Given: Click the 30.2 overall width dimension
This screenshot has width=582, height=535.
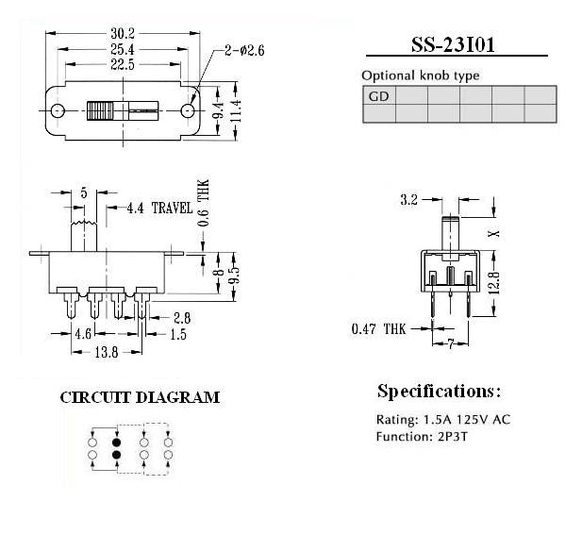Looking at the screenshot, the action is point(123,34).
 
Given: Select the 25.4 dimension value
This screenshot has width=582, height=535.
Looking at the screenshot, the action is point(123,49).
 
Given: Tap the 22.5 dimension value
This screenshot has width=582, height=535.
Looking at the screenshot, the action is point(123,64).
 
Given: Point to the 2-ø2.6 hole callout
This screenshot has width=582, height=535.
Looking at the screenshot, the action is point(244,50).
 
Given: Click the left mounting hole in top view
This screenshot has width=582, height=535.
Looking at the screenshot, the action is point(58,110).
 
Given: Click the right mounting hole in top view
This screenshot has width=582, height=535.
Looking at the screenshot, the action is point(188,110).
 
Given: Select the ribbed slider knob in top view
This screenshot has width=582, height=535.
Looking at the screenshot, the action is point(100,110).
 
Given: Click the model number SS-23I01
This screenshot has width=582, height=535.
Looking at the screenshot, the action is point(453,45).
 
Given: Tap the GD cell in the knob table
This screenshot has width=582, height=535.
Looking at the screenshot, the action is point(379,96).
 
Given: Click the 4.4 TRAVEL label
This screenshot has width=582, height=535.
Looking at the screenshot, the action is point(160,208).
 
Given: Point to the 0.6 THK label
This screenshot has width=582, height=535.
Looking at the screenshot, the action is point(204,203).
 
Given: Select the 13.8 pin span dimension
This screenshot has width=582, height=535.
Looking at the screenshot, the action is point(107,352).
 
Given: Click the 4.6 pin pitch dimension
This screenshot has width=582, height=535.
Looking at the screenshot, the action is point(83,334).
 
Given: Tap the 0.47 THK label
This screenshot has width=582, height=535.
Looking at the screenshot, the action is point(378,329).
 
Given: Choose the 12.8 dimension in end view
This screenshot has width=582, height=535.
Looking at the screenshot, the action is point(494,283).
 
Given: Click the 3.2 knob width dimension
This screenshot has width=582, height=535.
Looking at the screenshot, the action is point(409,200).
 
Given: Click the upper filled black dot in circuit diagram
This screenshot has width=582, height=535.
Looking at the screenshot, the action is point(117,443).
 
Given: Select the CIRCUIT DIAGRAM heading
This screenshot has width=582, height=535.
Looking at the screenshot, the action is point(140,397).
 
